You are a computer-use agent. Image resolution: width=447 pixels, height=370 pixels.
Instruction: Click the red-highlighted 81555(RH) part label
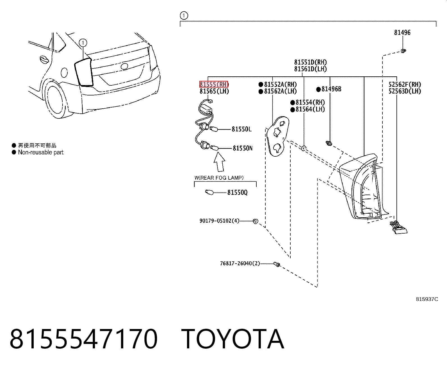214,84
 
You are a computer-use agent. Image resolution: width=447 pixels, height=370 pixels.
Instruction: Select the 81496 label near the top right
402,33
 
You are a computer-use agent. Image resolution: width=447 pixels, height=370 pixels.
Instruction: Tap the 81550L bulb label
242,129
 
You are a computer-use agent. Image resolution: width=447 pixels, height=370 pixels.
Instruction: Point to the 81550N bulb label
243,148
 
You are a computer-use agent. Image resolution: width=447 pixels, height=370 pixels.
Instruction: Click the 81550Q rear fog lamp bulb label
238,193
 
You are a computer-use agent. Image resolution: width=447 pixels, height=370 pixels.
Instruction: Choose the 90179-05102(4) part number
220,221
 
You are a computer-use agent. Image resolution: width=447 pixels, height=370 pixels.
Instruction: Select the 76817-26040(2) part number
240,263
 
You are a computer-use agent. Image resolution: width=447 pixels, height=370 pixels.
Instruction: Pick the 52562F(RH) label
405,84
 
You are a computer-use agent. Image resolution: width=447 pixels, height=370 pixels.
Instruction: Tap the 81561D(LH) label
311,69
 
